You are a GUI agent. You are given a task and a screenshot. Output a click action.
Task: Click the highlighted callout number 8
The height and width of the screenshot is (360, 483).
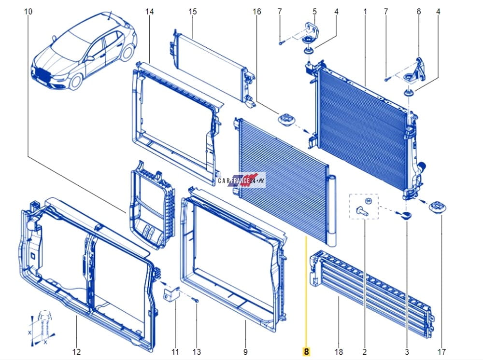[306, 351]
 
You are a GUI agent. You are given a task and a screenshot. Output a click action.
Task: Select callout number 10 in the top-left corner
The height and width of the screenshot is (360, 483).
[28, 12]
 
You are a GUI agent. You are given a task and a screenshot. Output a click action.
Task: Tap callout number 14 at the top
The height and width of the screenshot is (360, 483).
[149, 12]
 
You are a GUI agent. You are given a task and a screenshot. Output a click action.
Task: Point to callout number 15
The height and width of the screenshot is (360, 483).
[193, 12]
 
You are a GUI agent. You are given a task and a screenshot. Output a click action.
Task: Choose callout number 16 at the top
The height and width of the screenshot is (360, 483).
[256, 12]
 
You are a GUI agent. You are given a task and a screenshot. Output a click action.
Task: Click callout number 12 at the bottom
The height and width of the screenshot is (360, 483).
[76, 351]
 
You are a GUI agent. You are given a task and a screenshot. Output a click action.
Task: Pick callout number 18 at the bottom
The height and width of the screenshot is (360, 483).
[338, 351]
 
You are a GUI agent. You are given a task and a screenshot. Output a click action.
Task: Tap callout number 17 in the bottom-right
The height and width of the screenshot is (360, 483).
[441, 351]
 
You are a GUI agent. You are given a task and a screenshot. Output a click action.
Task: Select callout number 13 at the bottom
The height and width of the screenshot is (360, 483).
[197, 351]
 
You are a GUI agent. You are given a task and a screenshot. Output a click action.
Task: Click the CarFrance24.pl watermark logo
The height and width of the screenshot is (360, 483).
[242, 180]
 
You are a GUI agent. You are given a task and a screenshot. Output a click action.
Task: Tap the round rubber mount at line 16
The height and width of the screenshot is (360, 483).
[285, 119]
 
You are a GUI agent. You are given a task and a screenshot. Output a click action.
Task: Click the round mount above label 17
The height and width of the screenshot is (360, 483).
[438, 207]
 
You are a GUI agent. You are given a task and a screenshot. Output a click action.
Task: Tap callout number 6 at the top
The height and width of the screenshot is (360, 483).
[419, 12]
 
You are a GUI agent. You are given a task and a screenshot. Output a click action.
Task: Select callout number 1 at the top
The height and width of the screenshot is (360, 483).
[365, 12]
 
